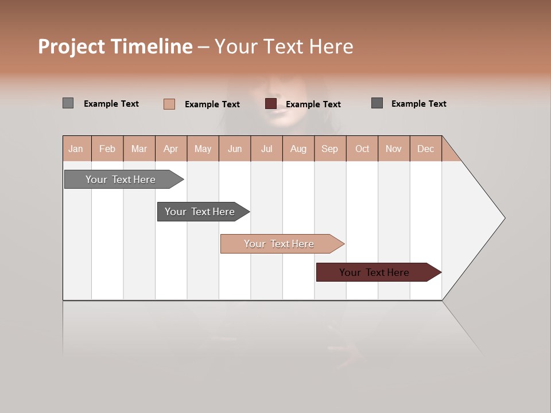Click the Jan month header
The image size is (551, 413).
coord(76,149)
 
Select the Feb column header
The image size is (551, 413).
coord(107,149)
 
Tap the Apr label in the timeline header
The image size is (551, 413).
coord(170,149)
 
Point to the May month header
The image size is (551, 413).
coord(203,149)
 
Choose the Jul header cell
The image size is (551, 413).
coord(266,149)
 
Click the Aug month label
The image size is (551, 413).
coord(298,149)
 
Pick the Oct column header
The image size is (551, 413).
coord(362,149)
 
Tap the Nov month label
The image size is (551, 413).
coord(394,149)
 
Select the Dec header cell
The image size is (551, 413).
coord(425,149)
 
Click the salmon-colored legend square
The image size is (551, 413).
coord(169,104)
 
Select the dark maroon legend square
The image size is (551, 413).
coord(271,104)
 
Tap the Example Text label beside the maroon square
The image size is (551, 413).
coord(313,104)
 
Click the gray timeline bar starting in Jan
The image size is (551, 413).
coord(121,180)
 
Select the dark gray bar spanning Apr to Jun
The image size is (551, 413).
coord(200,212)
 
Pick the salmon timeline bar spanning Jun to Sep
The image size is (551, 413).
coord(279,244)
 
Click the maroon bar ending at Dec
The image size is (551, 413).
coord(374,272)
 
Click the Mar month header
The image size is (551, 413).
coord(139,149)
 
